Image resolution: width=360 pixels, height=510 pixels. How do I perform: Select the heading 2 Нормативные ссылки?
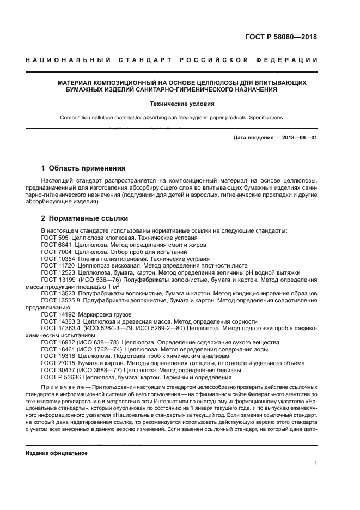pos(85,218)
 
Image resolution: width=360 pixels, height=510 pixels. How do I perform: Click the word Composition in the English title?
pos(76,117)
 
